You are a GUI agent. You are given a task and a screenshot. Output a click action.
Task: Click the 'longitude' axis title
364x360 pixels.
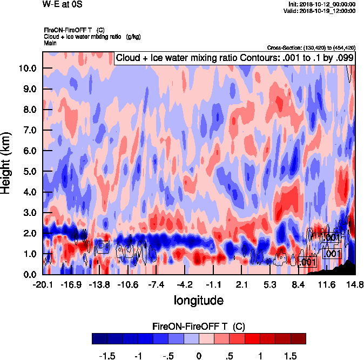pyautogui.click(x=198, y=300)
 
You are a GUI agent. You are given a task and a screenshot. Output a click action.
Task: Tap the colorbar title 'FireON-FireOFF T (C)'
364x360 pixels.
pyautogui.click(x=199, y=327)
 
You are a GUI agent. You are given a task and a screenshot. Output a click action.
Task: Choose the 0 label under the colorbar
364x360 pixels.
pyautogui.click(x=199, y=356)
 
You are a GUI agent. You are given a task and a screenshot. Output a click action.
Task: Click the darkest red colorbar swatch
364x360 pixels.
pyautogui.click(x=298, y=339)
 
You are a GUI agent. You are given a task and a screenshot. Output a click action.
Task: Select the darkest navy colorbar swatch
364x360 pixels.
pyautogui.click(x=99, y=339)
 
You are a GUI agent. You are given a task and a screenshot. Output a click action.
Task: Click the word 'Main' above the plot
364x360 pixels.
pyautogui.click(x=50, y=42)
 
